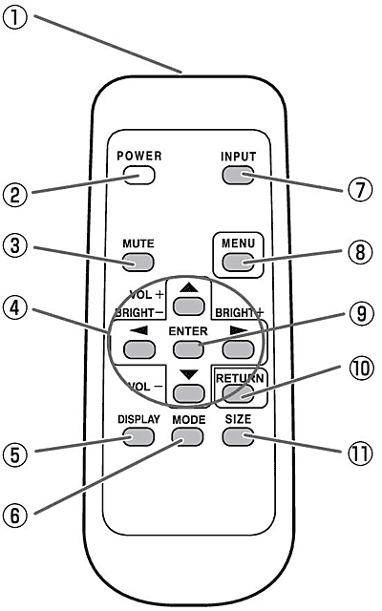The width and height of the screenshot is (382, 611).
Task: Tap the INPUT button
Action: click(x=238, y=176)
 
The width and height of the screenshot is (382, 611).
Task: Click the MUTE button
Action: click(x=138, y=263)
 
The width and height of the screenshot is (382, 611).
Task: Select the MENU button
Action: click(x=238, y=263)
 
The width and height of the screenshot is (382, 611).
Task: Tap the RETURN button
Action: click(x=238, y=393)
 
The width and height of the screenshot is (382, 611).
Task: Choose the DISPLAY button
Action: click(x=138, y=437)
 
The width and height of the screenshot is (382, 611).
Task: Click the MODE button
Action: click(x=188, y=437)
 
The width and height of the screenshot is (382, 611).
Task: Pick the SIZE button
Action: click(x=238, y=437)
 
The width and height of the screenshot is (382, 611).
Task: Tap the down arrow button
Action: click(x=189, y=393)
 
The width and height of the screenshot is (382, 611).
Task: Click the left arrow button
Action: click(x=138, y=349)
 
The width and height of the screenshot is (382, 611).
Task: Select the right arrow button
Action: click(x=238, y=349)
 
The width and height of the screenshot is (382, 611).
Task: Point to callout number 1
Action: click(x=15, y=17)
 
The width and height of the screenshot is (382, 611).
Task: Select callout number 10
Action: click(x=361, y=369)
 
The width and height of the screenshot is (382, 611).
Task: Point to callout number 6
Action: click(x=15, y=516)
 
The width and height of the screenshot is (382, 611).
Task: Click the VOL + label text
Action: click(x=147, y=295)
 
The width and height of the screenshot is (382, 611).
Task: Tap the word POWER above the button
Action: click(x=139, y=156)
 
